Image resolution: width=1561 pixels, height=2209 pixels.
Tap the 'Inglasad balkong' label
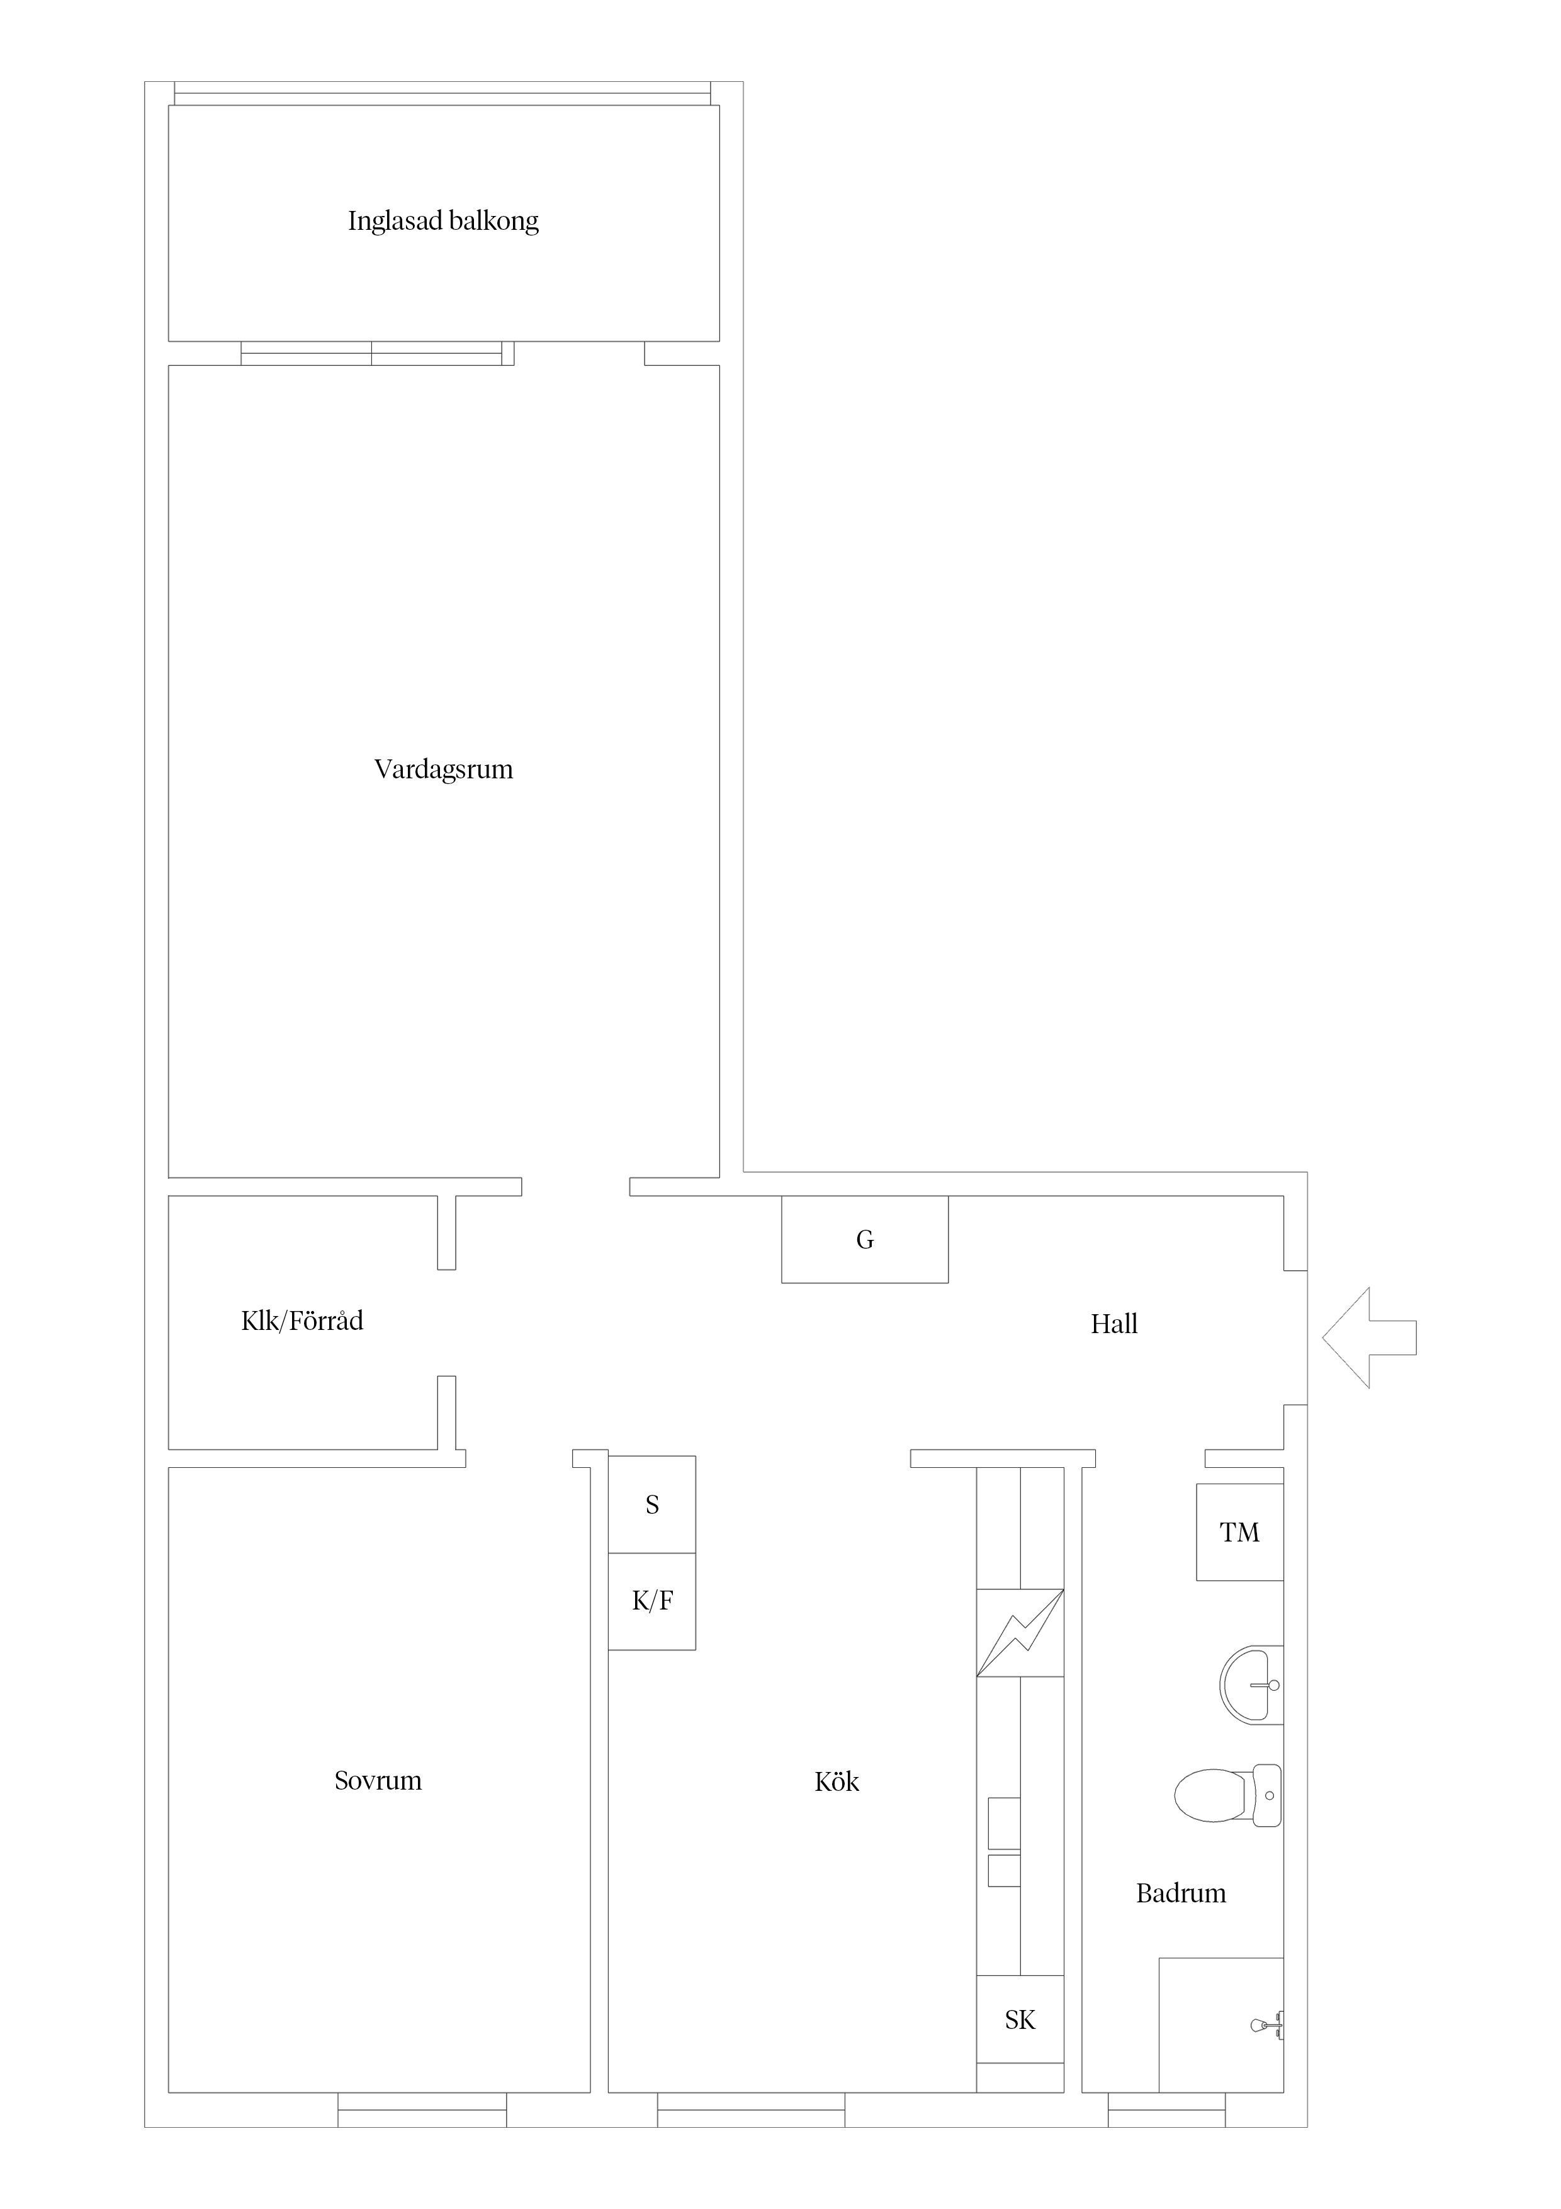[443, 221]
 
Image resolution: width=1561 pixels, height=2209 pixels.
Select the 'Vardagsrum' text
[443, 769]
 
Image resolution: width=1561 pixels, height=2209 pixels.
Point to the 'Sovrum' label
[378, 1780]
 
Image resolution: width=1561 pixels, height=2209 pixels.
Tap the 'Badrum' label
[1181, 1894]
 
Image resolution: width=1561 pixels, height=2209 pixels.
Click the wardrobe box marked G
[865, 1239]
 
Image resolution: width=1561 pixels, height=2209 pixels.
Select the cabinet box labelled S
[652, 1505]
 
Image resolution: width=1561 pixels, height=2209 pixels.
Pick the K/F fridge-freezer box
[652, 1601]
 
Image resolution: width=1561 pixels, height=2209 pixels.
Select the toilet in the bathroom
[1228, 1795]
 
